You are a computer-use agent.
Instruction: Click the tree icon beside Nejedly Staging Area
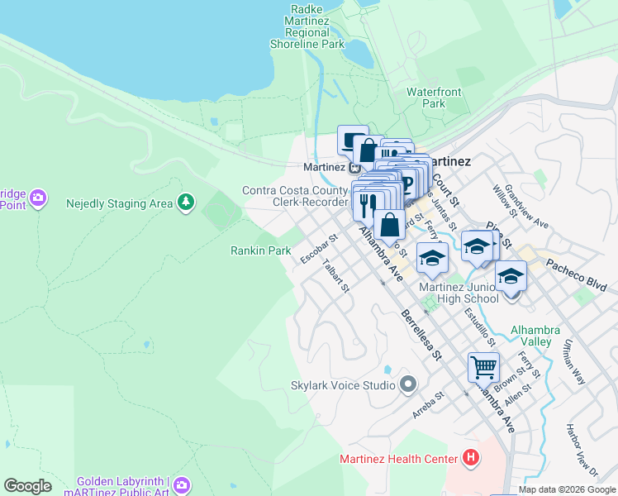tap(187, 203)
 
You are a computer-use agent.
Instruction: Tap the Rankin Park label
tap(260, 250)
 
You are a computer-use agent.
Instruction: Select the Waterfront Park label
tap(426, 98)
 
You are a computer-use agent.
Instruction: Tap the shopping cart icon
tap(483, 366)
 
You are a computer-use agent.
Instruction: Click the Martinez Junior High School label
tap(459, 293)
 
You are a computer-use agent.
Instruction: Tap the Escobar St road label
tap(320, 249)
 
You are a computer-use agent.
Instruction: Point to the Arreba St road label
tap(428, 406)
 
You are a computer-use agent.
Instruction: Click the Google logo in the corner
tap(27, 486)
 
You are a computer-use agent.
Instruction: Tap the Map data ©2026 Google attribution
tap(567, 489)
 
